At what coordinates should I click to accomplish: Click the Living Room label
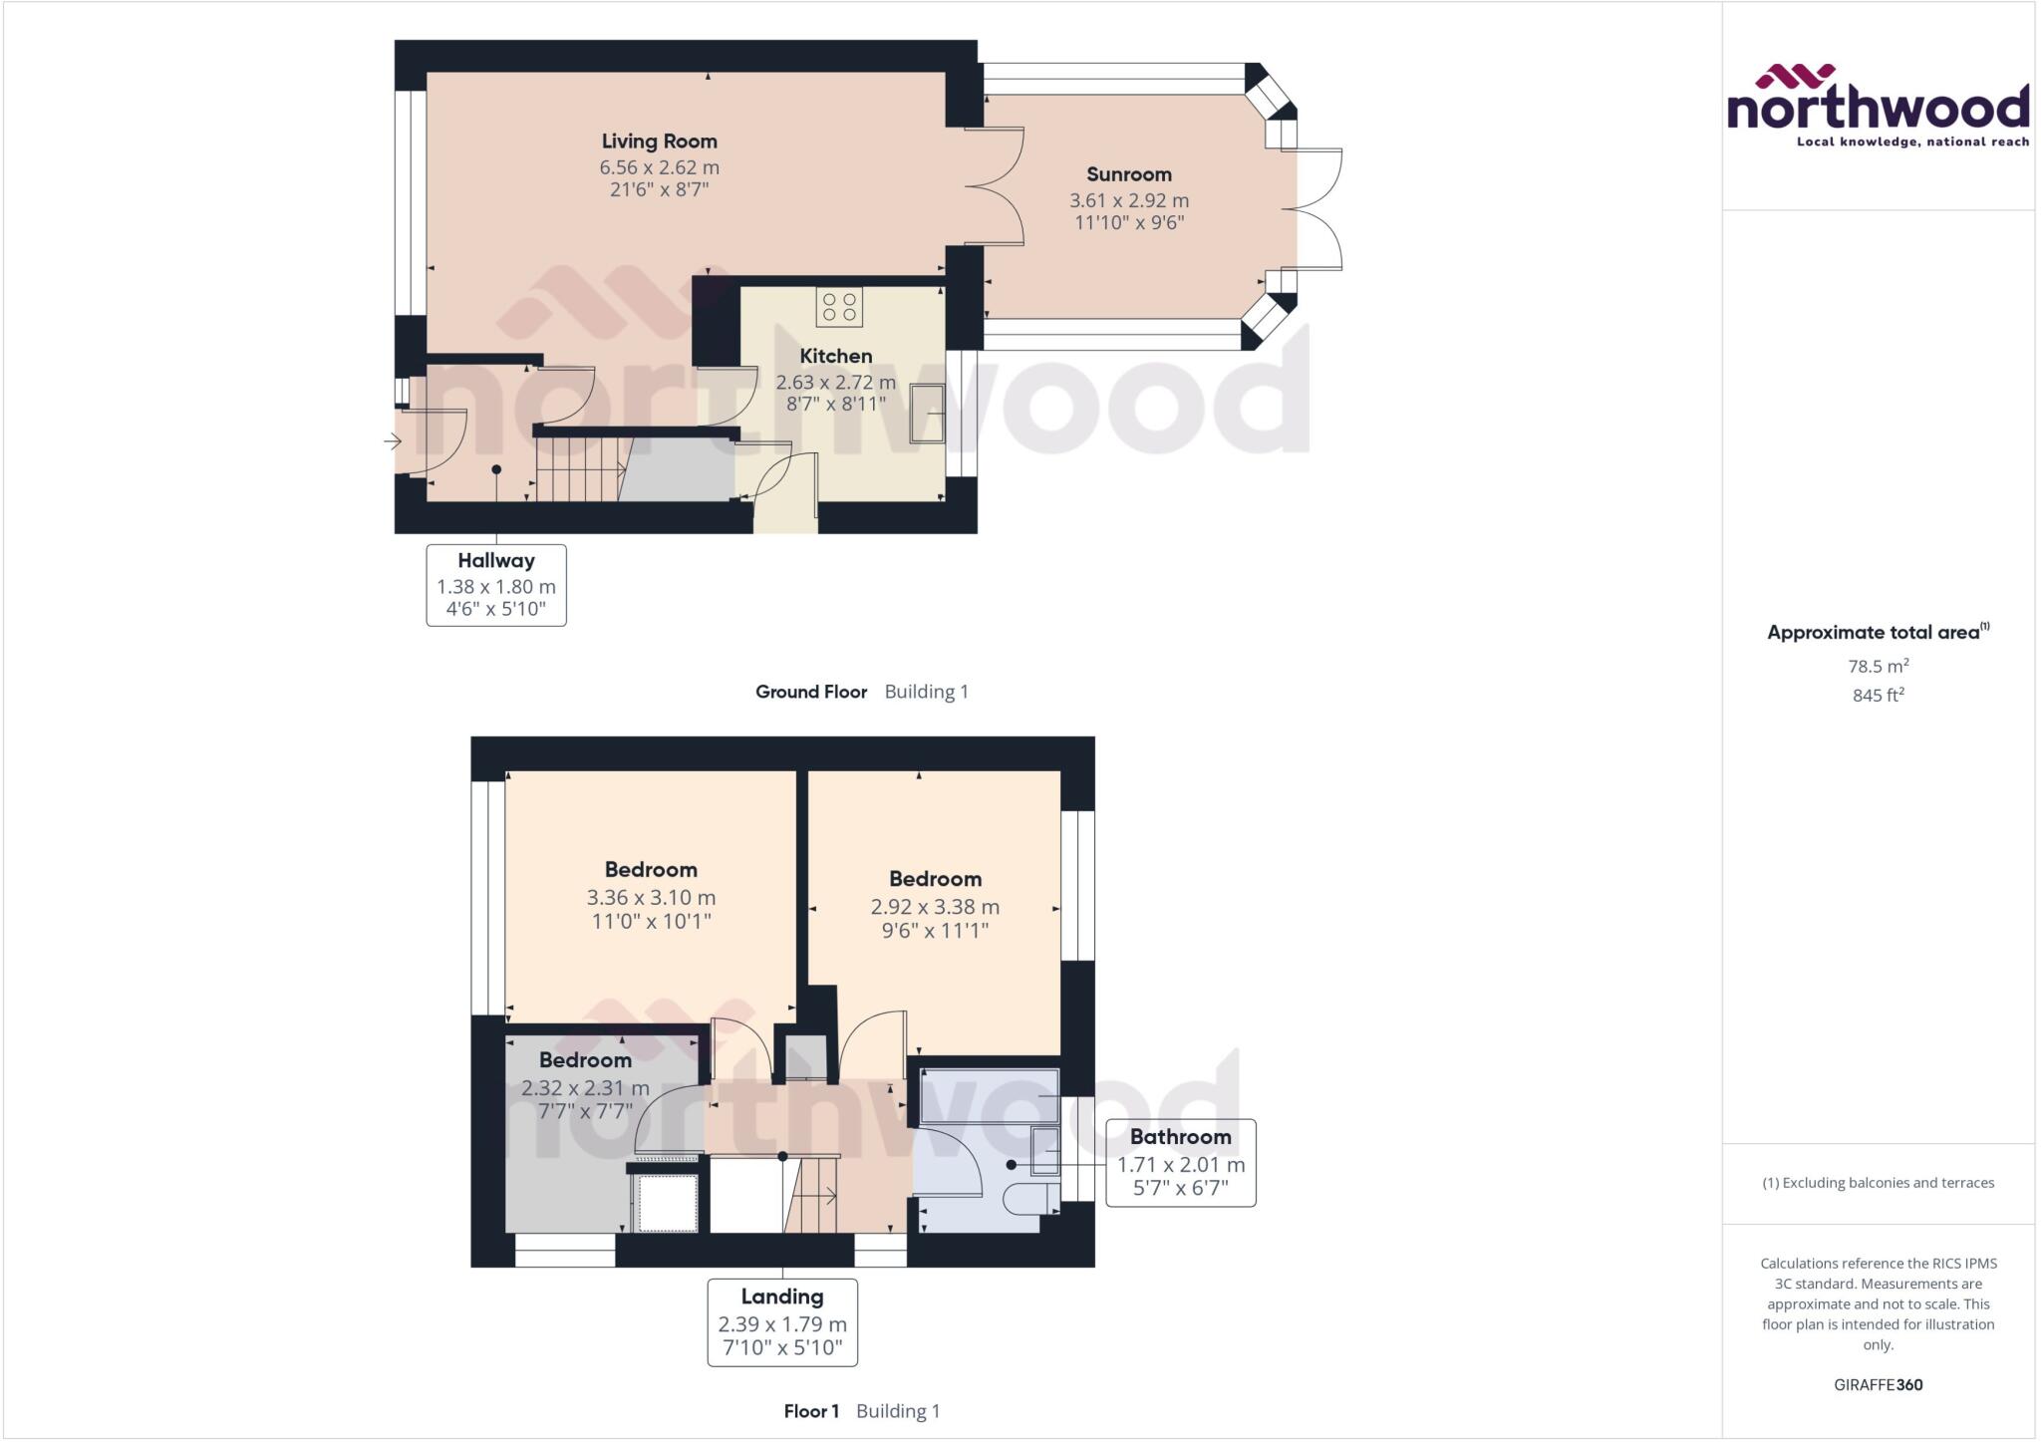tap(659, 142)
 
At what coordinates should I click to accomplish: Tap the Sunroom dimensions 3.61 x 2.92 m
tap(1128, 200)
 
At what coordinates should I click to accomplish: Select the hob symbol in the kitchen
tap(839, 307)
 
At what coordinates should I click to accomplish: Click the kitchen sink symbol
tap(926, 414)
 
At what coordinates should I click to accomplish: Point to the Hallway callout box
tap(496, 585)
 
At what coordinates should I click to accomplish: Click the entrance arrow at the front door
tap(392, 440)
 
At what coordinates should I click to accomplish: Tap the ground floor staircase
tap(578, 469)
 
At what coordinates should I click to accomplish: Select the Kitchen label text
tap(835, 356)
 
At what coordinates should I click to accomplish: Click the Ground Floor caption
tap(811, 692)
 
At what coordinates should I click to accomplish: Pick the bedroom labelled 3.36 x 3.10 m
tap(651, 896)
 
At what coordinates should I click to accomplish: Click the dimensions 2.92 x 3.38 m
tap(934, 907)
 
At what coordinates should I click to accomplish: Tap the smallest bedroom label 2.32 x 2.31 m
tap(585, 1088)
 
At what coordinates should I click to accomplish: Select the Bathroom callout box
tap(1180, 1163)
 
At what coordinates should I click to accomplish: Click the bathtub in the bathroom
tap(989, 1097)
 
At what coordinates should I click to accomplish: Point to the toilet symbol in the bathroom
tap(1027, 1198)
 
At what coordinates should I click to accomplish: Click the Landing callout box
tap(782, 1322)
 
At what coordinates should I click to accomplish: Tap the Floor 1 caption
tap(811, 1411)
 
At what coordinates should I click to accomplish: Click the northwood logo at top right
tap(1878, 106)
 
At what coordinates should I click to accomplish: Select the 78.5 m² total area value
tap(1878, 666)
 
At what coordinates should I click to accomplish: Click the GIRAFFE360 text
tap(1878, 1384)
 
